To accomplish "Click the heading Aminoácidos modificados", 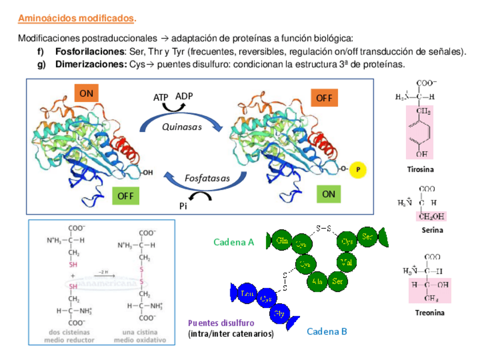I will click(76, 19).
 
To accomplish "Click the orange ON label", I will click(87, 93).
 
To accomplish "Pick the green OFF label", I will click(125, 196).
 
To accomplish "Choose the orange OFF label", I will click(324, 98).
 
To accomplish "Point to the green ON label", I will click(329, 194).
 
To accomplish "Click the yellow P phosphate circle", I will click(358, 170).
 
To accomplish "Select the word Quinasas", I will click(182, 127).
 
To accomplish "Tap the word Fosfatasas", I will click(207, 178).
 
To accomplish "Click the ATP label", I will click(161, 97).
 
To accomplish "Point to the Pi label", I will click(183, 207).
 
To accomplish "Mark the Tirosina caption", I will click(421, 169).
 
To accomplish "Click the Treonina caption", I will click(430, 312).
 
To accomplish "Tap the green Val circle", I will click(346, 262).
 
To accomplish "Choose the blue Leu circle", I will click(246, 293).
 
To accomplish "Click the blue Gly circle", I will click(279, 313).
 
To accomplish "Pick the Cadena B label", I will click(327, 332).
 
